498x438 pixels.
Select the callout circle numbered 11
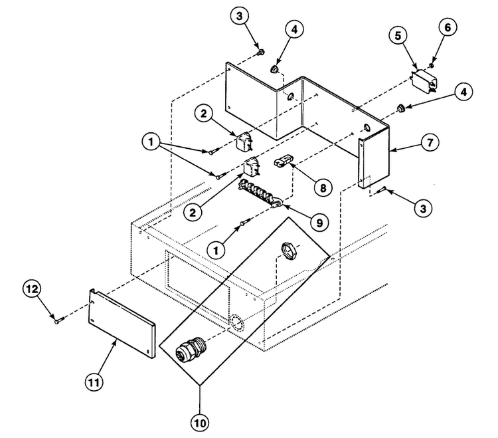click(94, 382)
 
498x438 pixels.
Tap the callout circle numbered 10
click(201, 423)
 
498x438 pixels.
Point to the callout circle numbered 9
click(320, 223)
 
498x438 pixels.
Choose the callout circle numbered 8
click(323, 187)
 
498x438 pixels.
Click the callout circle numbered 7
click(430, 142)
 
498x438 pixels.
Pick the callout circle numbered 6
click(448, 27)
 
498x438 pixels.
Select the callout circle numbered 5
click(398, 36)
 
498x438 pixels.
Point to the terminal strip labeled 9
click(260, 193)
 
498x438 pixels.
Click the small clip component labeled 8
click(283, 161)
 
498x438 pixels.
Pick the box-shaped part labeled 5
click(425, 81)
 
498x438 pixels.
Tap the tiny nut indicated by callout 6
click(432, 66)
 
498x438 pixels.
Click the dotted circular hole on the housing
click(237, 324)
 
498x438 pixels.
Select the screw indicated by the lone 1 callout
click(246, 221)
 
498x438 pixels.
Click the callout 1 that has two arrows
click(151, 142)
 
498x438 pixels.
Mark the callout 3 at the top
click(240, 15)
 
